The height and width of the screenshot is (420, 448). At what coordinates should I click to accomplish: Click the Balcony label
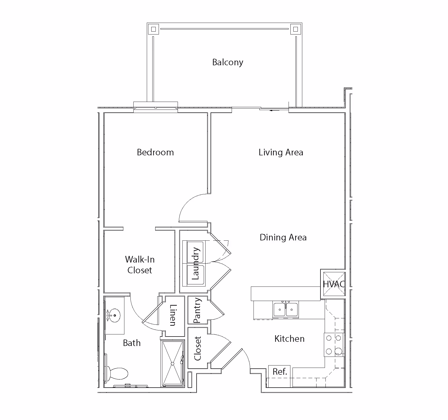228,63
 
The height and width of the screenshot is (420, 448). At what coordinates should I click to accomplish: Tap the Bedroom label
155,152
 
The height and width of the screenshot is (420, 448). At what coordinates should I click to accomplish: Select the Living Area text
281,152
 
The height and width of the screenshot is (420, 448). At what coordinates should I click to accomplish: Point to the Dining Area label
283,238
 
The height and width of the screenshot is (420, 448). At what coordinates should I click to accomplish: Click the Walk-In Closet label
140,265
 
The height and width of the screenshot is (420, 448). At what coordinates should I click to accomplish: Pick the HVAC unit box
334,284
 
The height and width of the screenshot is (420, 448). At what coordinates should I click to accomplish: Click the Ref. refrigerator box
279,372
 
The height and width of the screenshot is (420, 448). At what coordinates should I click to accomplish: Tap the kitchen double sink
286,309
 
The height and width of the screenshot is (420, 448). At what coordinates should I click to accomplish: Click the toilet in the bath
117,373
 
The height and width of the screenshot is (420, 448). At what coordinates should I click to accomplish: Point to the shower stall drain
173,363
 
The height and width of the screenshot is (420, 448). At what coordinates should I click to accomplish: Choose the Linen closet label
173,315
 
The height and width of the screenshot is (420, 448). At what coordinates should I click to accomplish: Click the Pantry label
197,310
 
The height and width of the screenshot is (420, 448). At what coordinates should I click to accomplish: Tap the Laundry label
196,263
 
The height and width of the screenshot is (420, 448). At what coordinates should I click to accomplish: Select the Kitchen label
289,339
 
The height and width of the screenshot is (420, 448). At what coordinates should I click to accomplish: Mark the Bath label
132,343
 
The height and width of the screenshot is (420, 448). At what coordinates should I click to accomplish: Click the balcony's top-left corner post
153,29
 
